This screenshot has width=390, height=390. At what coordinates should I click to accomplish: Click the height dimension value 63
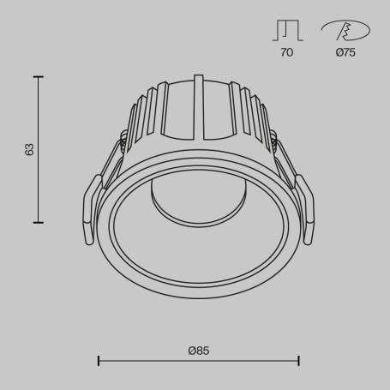click(x=30, y=149)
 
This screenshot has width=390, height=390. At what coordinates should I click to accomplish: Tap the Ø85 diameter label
click(x=199, y=350)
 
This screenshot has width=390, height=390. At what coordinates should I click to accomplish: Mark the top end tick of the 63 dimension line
click(x=38, y=76)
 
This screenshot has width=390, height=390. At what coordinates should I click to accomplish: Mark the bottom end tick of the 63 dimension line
click(x=38, y=222)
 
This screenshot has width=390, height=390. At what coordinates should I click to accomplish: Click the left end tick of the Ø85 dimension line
click(x=99, y=361)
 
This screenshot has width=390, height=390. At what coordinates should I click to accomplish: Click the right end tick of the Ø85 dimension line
click(x=298, y=361)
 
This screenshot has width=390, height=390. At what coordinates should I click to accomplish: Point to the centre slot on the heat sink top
click(x=199, y=107)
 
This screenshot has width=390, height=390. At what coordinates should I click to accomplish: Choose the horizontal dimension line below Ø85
click(x=199, y=361)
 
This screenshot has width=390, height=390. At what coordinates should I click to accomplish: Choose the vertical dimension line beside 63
click(x=38, y=149)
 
